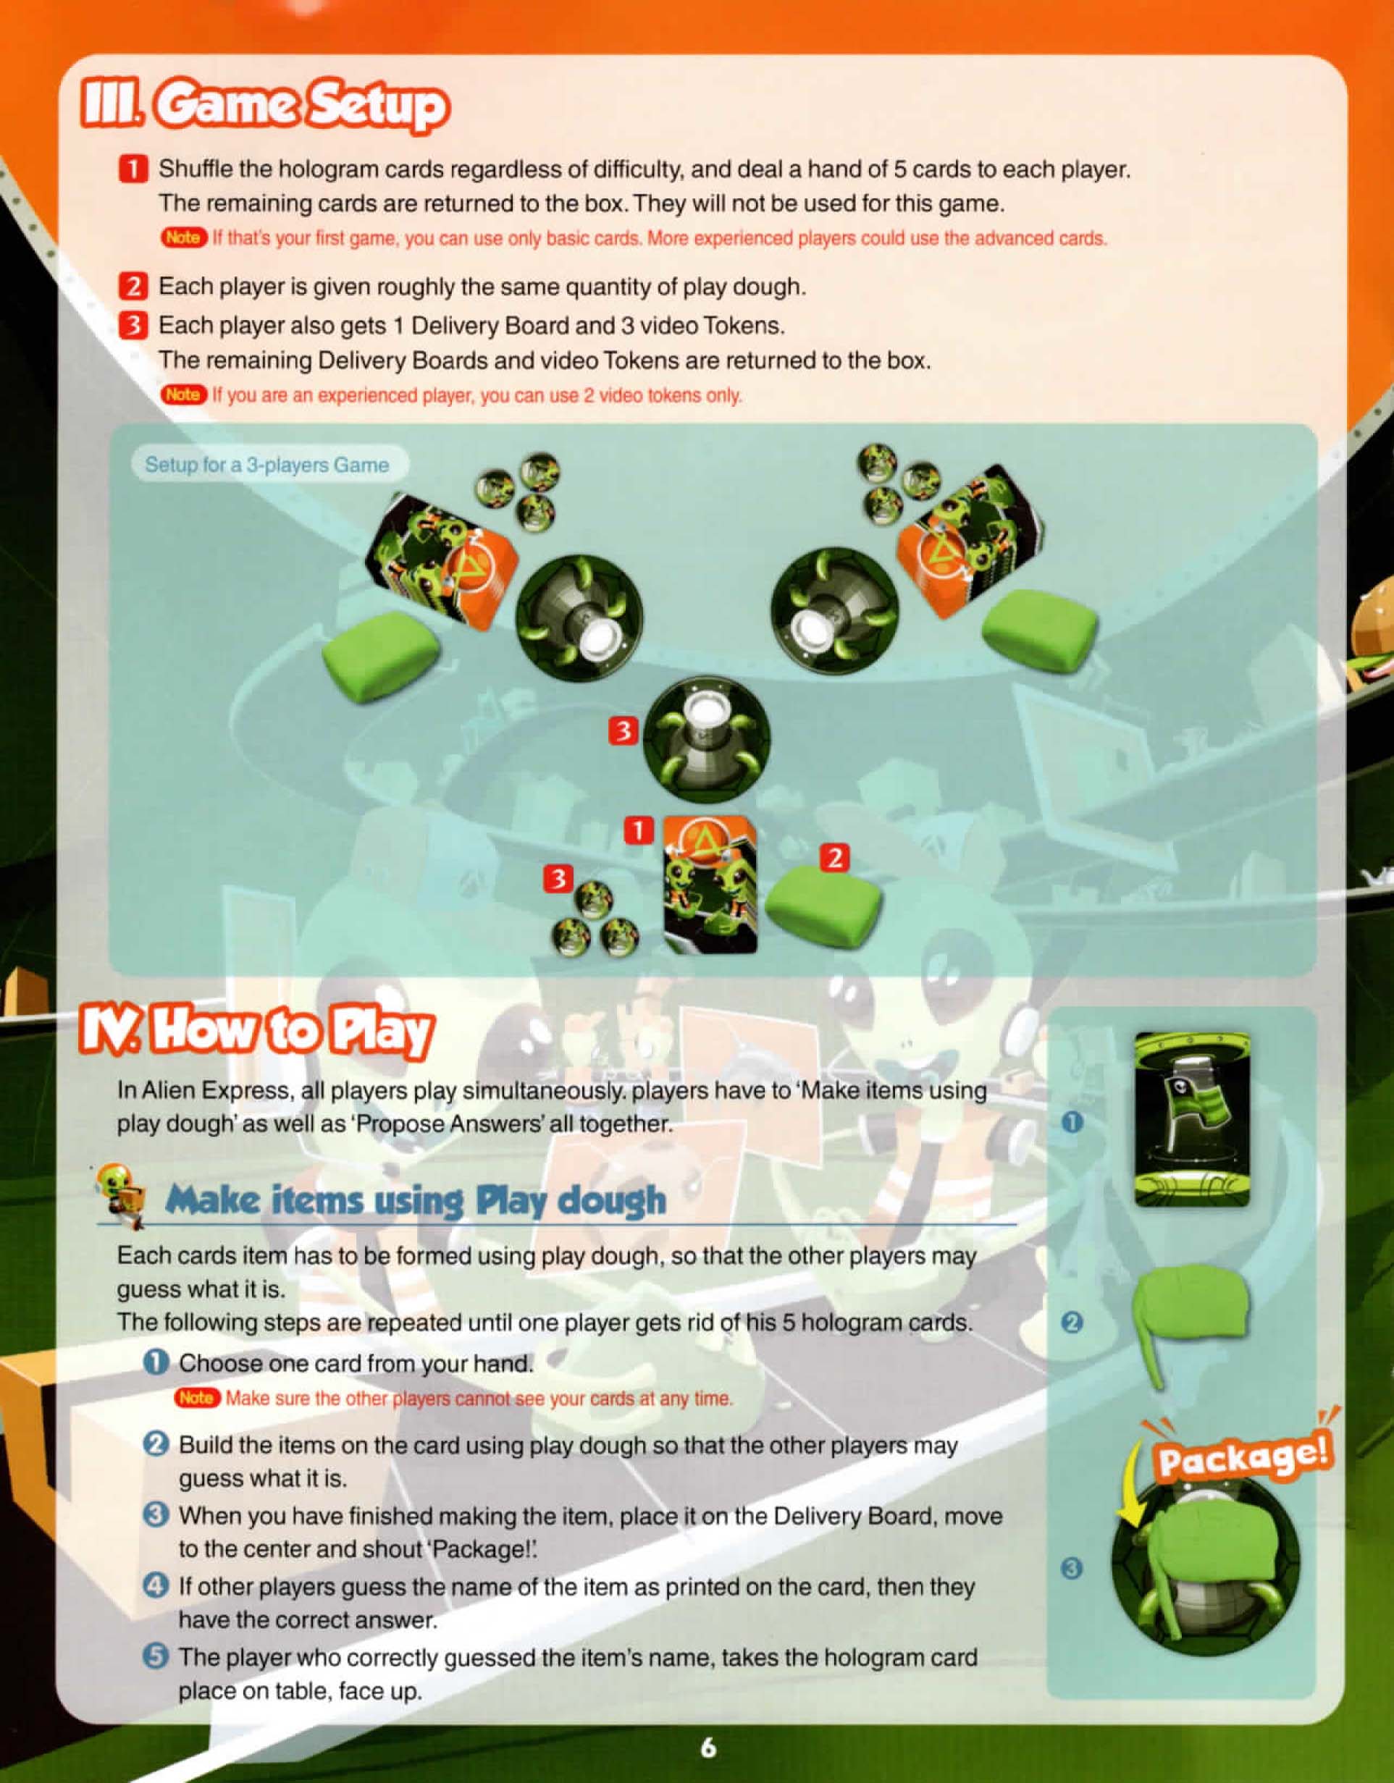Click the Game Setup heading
[264, 107]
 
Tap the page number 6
[708, 1747]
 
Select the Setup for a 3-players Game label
[267, 465]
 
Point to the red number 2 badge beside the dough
[835, 858]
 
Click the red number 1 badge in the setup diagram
[639, 831]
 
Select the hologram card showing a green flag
[1192, 1119]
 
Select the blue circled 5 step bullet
[155, 1657]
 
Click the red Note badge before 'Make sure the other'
[197, 1398]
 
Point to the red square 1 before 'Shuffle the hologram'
[133, 170]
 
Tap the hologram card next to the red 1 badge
[709, 884]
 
